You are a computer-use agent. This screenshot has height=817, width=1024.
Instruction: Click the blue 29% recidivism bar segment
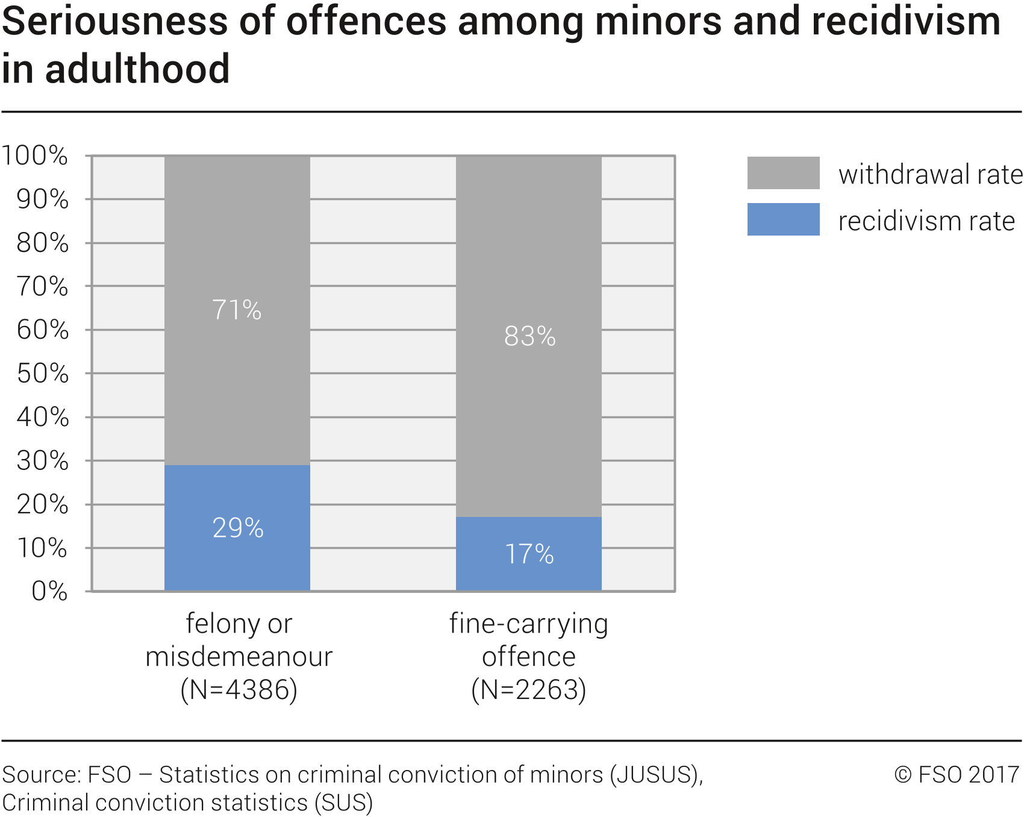point(237,528)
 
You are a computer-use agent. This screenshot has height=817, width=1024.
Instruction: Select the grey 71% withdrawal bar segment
point(237,310)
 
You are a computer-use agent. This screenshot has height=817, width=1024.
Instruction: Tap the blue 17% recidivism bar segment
point(529,554)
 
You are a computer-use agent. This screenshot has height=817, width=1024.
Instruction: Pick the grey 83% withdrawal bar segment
point(529,336)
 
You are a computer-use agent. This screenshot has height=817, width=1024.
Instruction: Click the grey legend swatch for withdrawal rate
point(783,173)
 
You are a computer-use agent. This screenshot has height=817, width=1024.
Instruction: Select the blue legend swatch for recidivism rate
point(783,219)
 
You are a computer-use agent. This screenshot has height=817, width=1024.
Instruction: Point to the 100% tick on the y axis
point(35,155)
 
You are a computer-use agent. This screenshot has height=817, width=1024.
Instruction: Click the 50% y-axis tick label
point(42,374)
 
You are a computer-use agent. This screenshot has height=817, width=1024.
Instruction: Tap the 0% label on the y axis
point(49,591)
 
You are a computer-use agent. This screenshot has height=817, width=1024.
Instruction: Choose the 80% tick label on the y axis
point(42,243)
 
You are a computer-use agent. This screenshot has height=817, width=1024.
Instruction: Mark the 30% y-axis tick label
point(42,461)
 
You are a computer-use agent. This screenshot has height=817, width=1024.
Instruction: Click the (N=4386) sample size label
point(239,690)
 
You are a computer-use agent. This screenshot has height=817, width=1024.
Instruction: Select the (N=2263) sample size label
point(529,690)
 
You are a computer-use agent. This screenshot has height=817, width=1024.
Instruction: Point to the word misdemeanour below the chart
point(239,657)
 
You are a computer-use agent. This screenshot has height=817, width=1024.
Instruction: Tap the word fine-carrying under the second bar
point(529,624)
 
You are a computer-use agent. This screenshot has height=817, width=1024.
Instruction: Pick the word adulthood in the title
point(137,69)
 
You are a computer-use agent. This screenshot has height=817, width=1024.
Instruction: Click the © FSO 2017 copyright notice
point(957,775)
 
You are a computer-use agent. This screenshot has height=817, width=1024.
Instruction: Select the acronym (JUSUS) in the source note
point(655,775)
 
